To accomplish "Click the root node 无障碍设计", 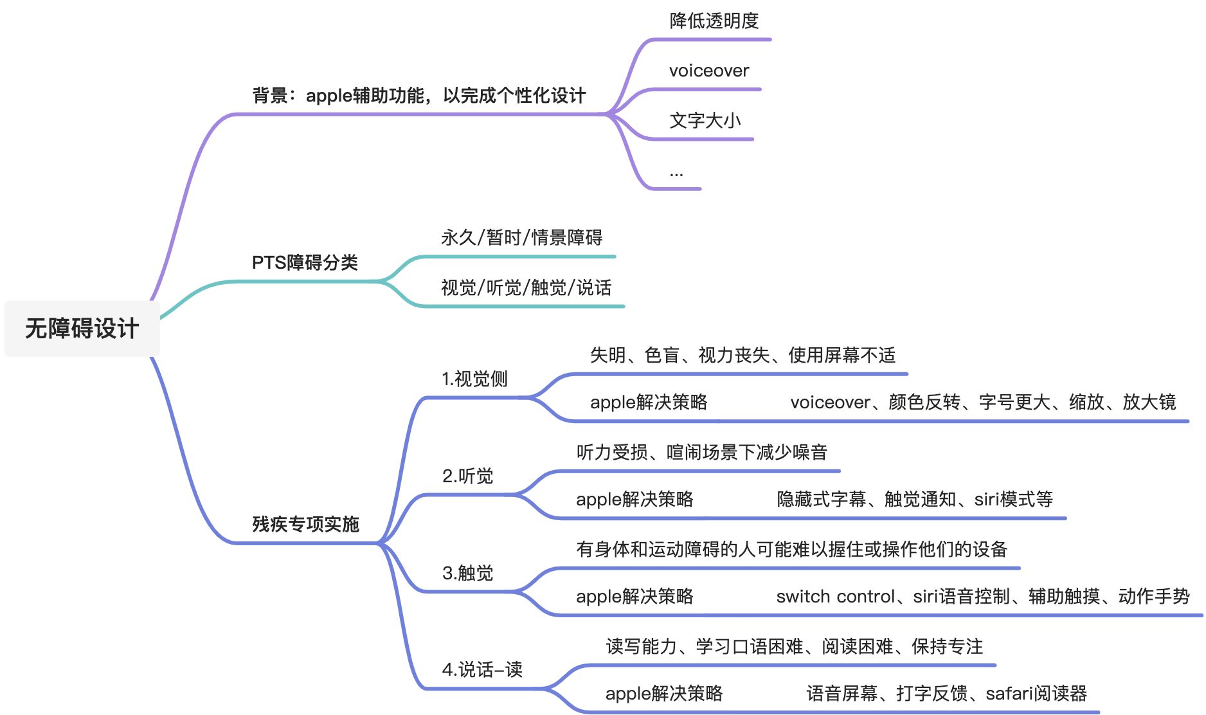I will click(82, 329).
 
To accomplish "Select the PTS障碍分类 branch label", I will click(305, 262).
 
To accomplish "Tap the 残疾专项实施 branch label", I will click(305, 524).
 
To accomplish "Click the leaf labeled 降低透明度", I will click(714, 21).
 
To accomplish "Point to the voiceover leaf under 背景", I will click(708, 71).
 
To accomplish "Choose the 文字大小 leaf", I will click(705, 120).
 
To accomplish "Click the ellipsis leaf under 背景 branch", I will click(676, 173).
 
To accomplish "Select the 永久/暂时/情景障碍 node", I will click(521, 238).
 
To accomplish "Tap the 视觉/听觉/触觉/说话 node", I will click(526, 287).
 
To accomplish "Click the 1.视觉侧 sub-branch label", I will click(474, 379).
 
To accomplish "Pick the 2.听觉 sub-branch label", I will click(467, 476).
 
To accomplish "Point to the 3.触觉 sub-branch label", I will click(467, 573).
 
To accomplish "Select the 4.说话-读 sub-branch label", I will click(482, 670).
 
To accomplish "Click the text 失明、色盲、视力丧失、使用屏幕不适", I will click(742, 355).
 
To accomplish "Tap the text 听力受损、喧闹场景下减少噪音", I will click(701, 452).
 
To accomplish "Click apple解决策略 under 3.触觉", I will click(634, 597).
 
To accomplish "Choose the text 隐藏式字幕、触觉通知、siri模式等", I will click(914, 499).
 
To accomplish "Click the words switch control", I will click(835, 597).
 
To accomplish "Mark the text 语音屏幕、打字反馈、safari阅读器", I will click(946, 694).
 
